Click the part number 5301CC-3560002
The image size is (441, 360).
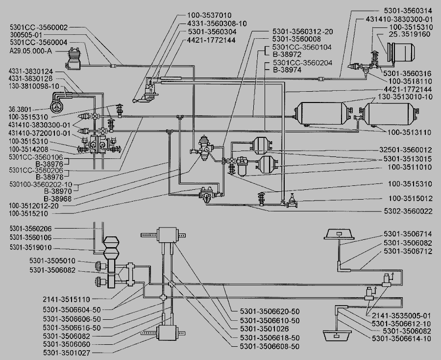pos(39,27)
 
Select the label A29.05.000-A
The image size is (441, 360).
pos(34,51)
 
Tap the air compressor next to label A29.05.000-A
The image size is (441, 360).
pos(73,59)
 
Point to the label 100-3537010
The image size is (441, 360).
pos(209,15)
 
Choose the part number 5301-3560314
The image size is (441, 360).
pos(408,11)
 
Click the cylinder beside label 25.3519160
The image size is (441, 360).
pos(401,52)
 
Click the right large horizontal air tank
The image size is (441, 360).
pos(389,114)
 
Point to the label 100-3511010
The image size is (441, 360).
pos(410,167)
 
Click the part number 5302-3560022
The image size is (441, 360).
pos(408,211)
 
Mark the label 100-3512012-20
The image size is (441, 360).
pos(34,206)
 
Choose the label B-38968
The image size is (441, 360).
pos(58,199)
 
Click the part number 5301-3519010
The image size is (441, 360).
pos(30,248)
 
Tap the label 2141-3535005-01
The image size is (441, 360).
pos(401,315)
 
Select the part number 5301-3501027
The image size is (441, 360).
pos(67,353)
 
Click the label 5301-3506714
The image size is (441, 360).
pos(408,234)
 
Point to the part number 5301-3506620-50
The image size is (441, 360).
pos(269,311)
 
